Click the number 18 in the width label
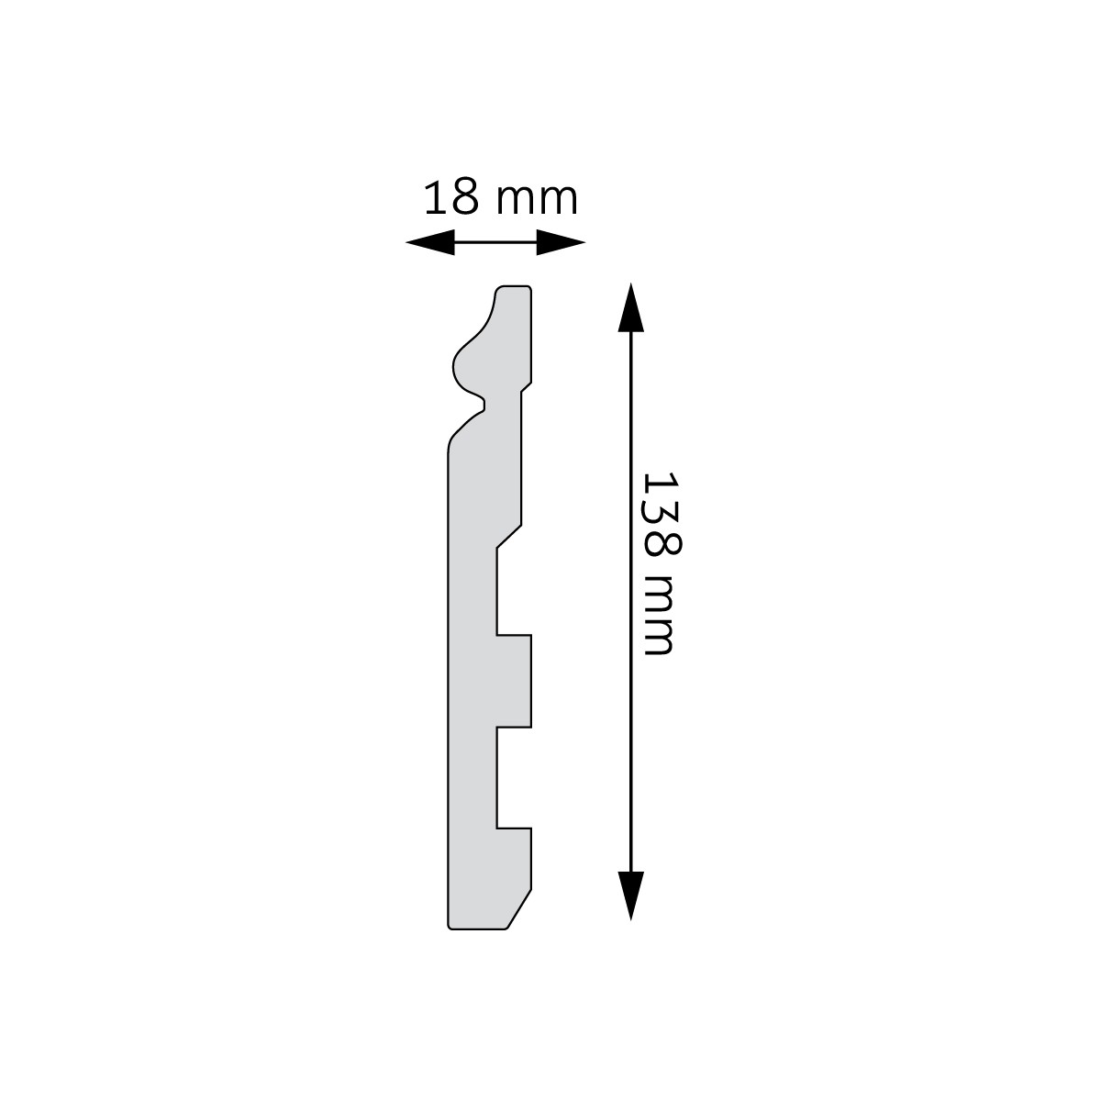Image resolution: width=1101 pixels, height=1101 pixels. point(451,198)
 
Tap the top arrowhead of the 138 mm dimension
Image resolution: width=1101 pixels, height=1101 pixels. point(629,306)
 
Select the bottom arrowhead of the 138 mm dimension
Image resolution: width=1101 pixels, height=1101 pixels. point(629,895)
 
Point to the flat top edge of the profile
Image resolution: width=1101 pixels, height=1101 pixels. point(515,286)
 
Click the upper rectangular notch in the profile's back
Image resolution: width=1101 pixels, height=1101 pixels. point(514,591)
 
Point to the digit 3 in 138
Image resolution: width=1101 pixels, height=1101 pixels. point(660,514)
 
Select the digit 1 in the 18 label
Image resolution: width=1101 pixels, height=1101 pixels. point(434,198)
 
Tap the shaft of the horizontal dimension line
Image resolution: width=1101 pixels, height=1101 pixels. point(495,243)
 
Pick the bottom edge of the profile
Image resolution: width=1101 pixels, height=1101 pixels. point(477,929)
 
